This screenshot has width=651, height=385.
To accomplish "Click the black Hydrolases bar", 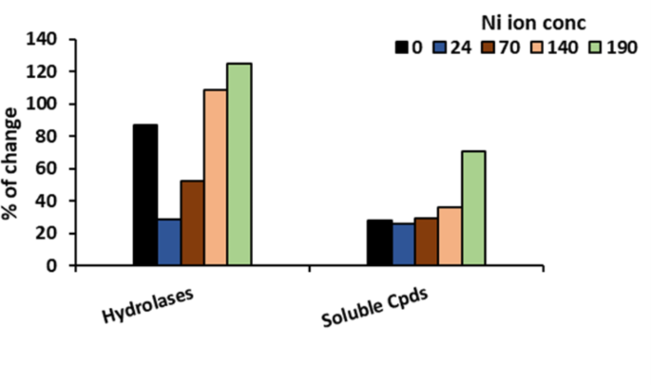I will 145,195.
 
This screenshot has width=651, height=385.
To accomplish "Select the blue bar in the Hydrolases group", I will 168,241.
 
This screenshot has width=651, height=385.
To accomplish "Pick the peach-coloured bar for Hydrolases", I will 216,177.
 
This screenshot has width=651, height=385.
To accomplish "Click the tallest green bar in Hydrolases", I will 239,164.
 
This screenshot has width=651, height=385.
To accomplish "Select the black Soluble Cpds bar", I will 379,242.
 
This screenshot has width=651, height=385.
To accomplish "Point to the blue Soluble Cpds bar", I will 402,244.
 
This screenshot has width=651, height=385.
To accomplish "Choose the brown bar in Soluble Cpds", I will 426,241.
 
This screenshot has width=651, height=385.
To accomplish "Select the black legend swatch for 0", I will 401,46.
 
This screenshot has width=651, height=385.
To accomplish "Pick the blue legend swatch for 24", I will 438,46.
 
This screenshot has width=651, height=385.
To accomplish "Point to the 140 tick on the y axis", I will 46,40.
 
